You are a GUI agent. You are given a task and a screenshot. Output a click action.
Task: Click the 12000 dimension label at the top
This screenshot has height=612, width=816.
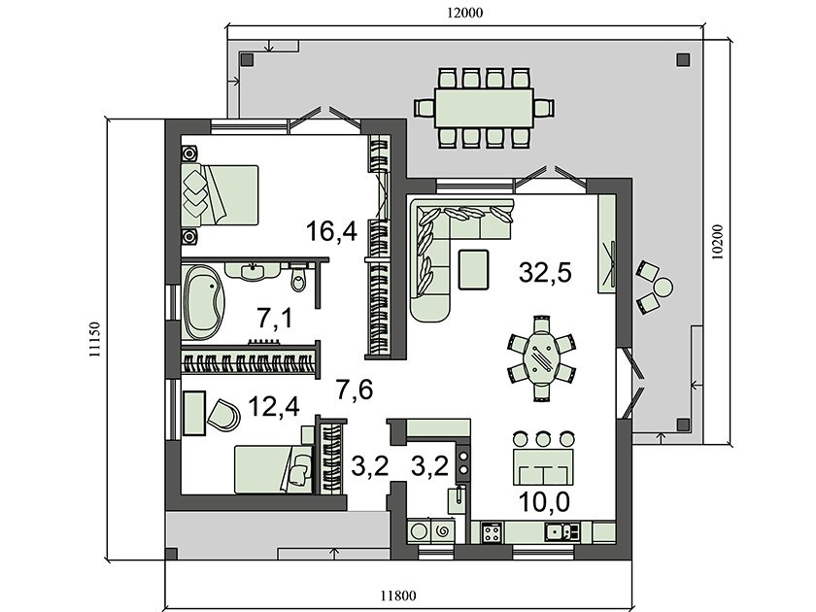pos(464,13)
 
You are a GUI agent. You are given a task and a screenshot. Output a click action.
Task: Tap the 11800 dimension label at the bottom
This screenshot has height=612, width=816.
pos(398,595)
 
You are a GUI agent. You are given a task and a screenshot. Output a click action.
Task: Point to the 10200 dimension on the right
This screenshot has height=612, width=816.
pos(717,242)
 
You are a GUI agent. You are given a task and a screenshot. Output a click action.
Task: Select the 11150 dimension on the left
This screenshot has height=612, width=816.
pos(94,339)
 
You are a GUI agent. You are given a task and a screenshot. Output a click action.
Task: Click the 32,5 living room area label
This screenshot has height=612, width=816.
pos(545,272)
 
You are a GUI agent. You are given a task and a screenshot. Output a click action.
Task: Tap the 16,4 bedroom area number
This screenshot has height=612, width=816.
pos(331,231)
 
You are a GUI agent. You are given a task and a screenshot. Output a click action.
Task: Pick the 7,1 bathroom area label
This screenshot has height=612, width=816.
pos(274,318)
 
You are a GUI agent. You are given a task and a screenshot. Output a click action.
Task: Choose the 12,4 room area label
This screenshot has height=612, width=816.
pos(274,406)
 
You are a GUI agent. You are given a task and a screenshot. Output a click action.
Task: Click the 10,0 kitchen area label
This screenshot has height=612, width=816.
pos(545,501)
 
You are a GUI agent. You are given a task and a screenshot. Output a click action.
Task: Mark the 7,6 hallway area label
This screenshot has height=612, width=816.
pos(355,390)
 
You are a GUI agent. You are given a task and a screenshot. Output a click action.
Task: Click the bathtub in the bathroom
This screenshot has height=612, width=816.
pos(203,302)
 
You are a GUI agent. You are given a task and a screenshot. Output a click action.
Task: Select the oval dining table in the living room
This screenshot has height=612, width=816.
pos(542,357)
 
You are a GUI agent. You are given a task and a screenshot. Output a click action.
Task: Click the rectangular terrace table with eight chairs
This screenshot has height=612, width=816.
pos(485,108)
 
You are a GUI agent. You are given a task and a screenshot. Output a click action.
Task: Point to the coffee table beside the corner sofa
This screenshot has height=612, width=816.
pos(474,270)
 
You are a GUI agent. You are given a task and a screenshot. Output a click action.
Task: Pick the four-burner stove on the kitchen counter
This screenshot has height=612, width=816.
pos(493,532)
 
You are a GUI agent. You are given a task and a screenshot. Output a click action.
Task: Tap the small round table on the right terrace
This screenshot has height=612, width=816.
pos(663,287)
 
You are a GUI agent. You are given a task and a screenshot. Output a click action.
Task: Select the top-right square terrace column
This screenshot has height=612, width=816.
pos(683,60)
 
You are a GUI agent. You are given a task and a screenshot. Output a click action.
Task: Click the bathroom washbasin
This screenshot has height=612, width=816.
pos(253,271)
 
